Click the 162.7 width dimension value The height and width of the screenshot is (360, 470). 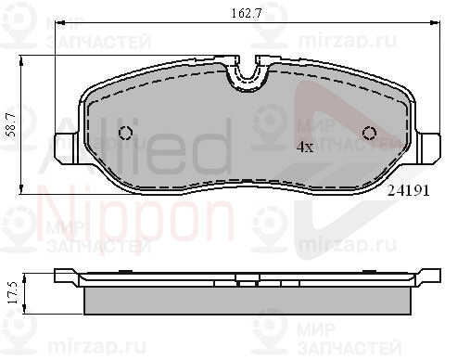pos(247,14)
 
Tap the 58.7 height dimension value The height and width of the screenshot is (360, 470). pos(13,124)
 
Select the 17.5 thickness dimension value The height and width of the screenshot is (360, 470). pos(13,292)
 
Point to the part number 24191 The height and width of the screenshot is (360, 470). pos(409,191)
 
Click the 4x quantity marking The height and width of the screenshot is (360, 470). pos(305,148)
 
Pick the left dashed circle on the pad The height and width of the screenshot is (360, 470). pos(126,133)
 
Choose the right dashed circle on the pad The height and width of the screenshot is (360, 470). pos(369,133)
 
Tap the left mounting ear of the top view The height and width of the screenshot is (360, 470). pos(66,148)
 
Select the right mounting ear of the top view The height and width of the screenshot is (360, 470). pos(428,148)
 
